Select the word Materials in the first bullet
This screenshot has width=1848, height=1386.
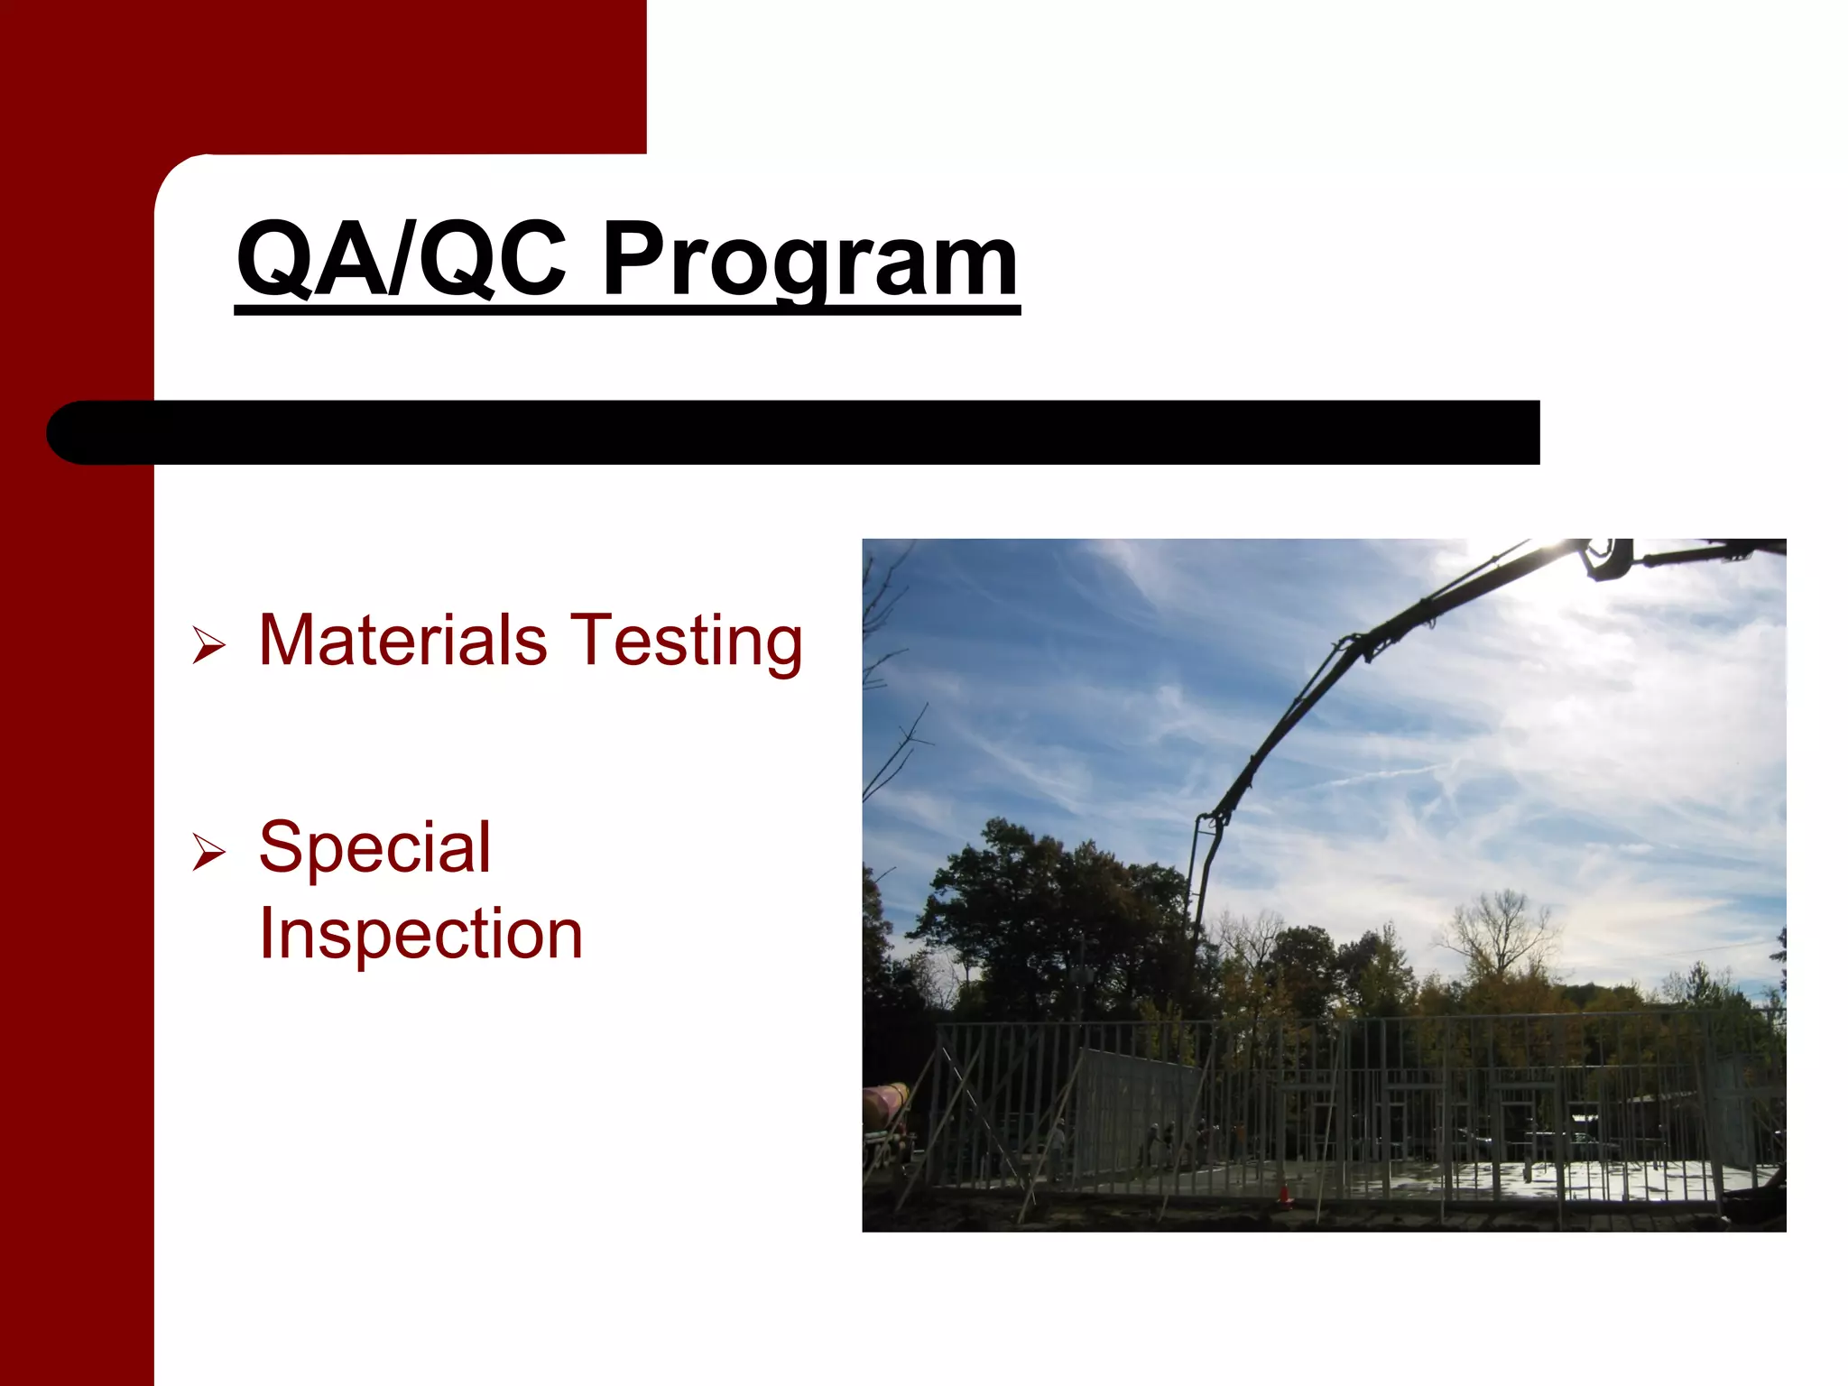pos(402,640)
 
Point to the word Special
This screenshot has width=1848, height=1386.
pos(374,848)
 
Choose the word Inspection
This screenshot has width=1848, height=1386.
pos(420,934)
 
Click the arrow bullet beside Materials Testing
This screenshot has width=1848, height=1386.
pos(208,646)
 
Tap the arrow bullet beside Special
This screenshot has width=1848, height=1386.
pos(208,853)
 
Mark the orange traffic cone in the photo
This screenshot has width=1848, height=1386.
pos(1283,1195)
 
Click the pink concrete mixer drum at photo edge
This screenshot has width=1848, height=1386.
pos(884,1104)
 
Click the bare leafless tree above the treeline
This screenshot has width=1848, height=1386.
pos(1498,929)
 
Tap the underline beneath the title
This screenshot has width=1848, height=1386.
pos(627,310)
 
